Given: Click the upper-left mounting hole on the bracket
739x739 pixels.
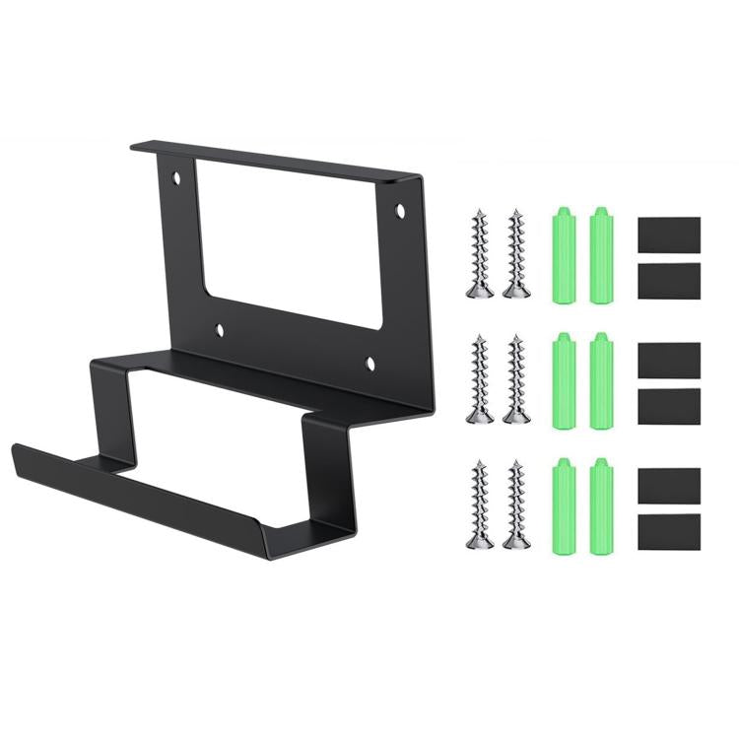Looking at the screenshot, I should pyautogui.click(x=177, y=180).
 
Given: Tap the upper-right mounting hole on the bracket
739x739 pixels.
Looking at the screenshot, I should pyautogui.click(x=400, y=210).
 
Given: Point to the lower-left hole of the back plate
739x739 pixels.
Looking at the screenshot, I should pyautogui.click(x=220, y=331).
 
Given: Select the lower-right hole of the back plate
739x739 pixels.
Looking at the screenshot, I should pyautogui.click(x=371, y=364).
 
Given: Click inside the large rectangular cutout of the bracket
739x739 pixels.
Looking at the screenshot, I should pyautogui.click(x=291, y=241).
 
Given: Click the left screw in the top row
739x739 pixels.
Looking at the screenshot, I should pyautogui.click(x=479, y=253).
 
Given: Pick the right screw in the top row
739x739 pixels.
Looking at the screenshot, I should pyautogui.click(x=514, y=253).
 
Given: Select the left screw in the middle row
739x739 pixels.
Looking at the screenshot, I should pyautogui.click(x=479, y=379).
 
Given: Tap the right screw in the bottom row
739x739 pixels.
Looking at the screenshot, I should pyautogui.click(x=514, y=504).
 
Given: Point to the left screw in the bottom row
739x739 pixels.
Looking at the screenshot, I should pyautogui.click(x=479, y=504).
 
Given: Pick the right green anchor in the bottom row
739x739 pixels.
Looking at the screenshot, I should pyautogui.click(x=599, y=504).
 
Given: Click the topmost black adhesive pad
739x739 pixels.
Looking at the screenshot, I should pyautogui.click(x=669, y=235).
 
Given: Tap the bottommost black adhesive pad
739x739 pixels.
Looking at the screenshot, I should pyautogui.click(x=669, y=533).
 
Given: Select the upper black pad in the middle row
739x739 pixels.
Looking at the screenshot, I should pyautogui.click(x=669, y=360).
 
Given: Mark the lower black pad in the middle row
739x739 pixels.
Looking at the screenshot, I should pyautogui.click(x=669, y=405).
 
